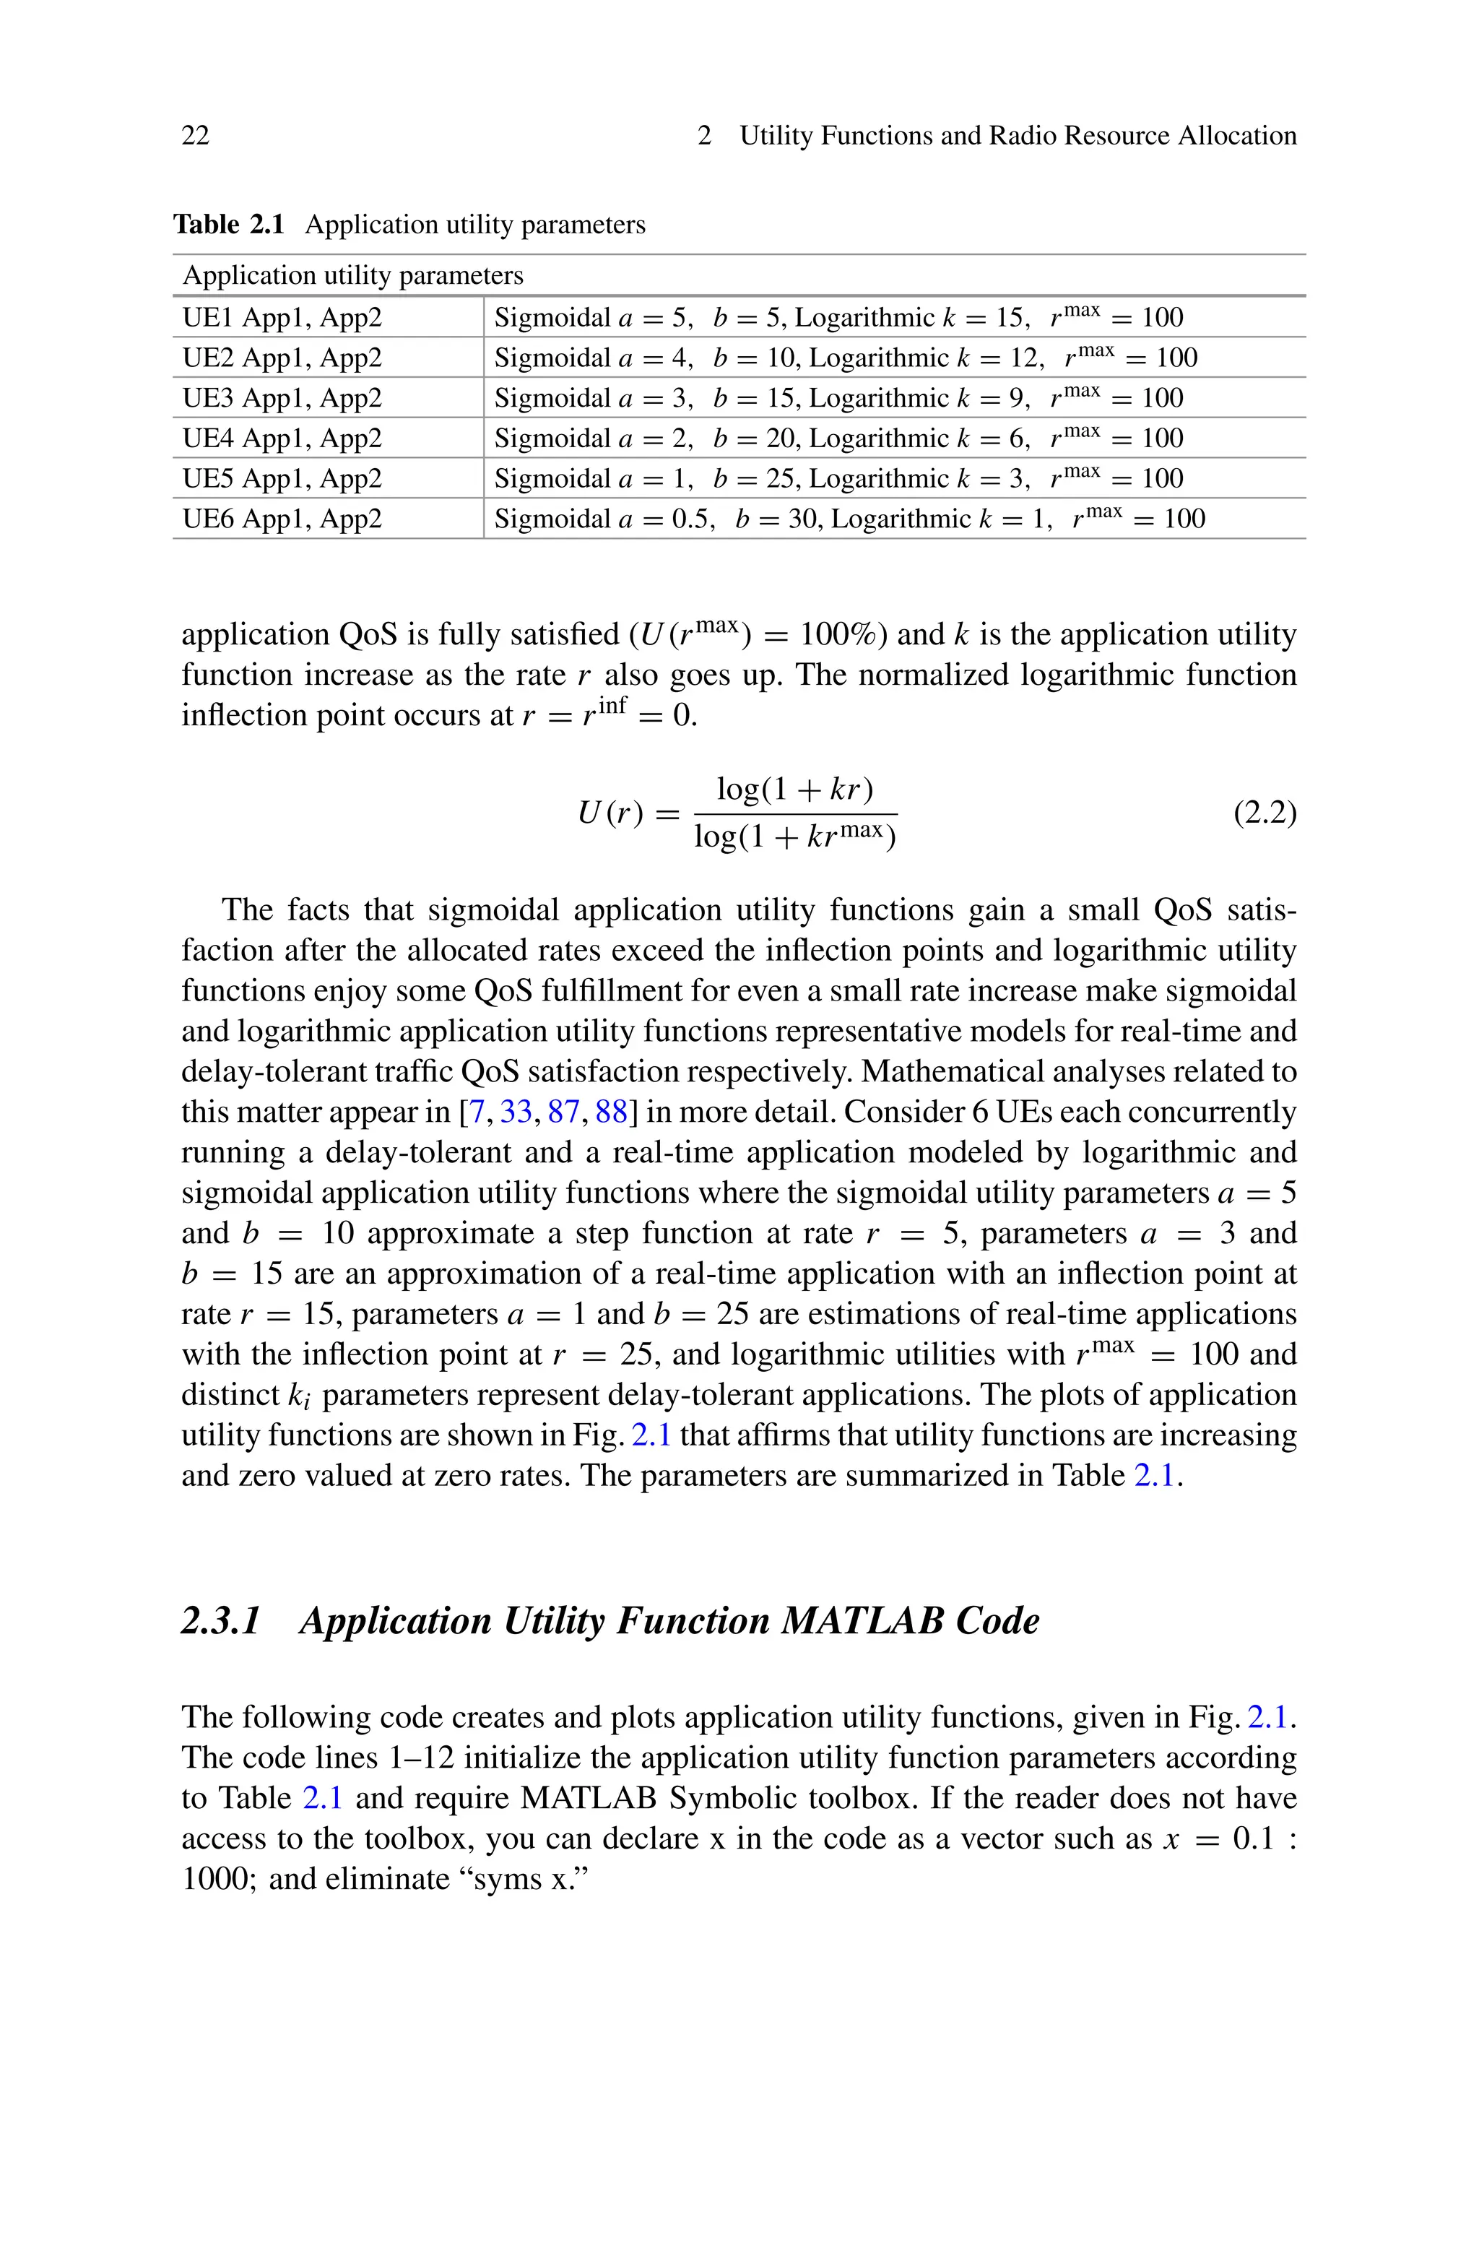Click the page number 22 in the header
(195, 136)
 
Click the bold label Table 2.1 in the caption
(229, 225)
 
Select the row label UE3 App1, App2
(282, 398)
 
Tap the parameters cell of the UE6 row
(849, 519)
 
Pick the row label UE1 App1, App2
(282, 317)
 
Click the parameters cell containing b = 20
(838, 438)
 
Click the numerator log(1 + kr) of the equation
(795, 789)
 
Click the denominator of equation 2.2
(795, 837)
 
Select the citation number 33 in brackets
(515, 1112)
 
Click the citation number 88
(611, 1112)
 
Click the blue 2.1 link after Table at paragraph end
(1155, 1475)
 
